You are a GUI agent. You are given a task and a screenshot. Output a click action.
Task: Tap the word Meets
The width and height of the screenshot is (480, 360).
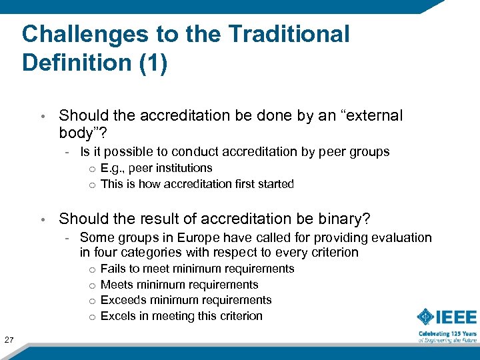(117, 285)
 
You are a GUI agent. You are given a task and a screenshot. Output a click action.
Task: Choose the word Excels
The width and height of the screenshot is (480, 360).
(118, 316)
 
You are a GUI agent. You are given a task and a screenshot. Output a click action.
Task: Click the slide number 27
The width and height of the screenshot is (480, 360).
(9, 341)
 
